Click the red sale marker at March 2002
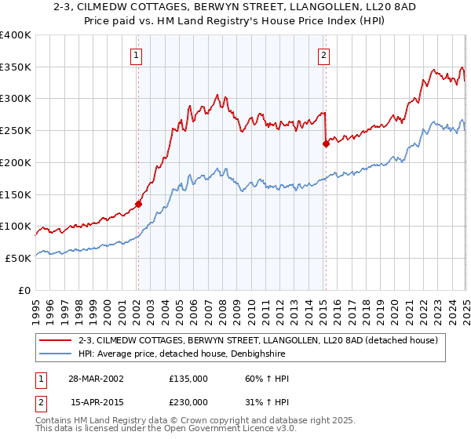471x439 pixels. point(138,204)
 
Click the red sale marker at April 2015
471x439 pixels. point(326,143)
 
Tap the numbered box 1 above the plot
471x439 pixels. point(137,55)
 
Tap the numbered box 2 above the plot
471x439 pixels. point(323,55)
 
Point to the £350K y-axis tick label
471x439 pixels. point(15,67)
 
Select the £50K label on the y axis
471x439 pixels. point(18,258)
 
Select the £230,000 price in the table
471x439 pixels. point(188,402)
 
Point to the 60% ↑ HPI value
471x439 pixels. point(267,379)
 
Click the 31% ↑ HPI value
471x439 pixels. point(267,402)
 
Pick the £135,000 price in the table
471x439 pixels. point(188,379)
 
